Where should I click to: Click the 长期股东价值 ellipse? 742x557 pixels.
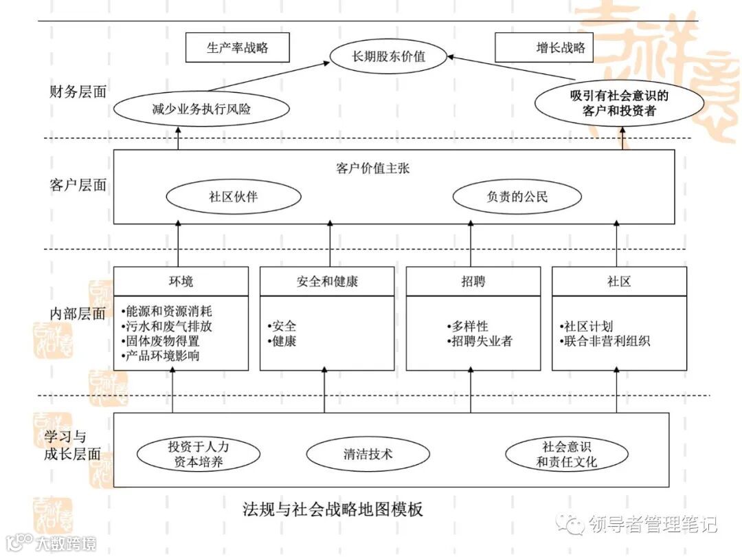[x=388, y=56]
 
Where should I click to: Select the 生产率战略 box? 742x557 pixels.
[x=237, y=48]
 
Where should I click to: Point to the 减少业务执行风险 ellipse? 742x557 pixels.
[x=201, y=109]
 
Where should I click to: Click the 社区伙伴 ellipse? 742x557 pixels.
[x=234, y=197]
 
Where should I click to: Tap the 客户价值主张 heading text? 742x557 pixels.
[x=373, y=168]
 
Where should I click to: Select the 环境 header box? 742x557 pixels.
[x=181, y=281]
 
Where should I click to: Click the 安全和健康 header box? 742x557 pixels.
[x=327, y=281]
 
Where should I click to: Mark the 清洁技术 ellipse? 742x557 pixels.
[x=368, y=454]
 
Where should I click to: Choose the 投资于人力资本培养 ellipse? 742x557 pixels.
[x=199, y=454]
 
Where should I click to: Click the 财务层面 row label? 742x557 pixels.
[x=78, y=91]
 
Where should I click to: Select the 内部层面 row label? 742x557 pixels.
[x=78, y=314]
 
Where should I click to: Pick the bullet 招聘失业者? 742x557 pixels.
[x=480, y=341]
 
